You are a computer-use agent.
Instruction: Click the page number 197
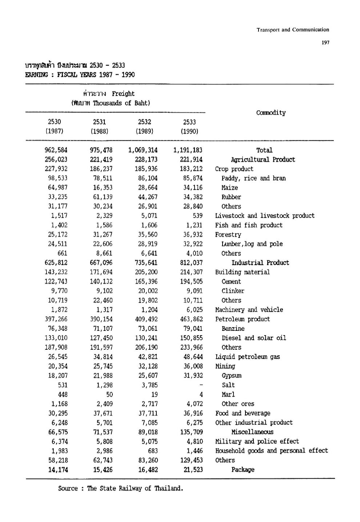coord(325,43)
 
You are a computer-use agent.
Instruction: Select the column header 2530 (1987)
coord(54,127)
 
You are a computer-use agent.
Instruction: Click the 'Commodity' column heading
coord(271,113)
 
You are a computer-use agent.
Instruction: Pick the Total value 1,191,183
coord(188,150)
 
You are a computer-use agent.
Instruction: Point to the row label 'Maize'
coord(229,188)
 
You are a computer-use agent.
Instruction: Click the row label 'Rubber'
coord(231,197)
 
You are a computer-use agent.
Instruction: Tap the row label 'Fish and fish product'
coord(249,225)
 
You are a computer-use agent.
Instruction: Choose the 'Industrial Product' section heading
coord(260,263)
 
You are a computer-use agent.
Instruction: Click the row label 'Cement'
coord(231,282)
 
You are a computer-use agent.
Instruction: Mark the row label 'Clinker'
coord(233,291)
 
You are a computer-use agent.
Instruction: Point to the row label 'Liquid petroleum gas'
coord(247,357)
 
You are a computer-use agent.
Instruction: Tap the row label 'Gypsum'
coord(232,376)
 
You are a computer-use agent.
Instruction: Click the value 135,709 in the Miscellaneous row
coord(191,432)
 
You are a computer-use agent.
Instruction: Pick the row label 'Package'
coord(243,470)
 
